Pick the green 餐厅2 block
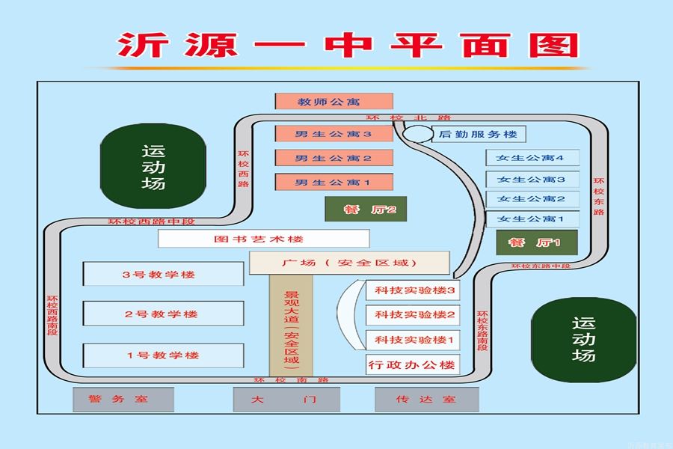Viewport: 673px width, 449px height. tap(365, 209)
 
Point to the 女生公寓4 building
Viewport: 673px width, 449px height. tap(532, 158)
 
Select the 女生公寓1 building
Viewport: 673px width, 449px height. tap(532, 219)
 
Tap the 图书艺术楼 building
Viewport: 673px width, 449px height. tap(263, 239)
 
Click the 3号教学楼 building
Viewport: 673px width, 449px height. tap(163, 274)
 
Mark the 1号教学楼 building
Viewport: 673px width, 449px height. tap(163, 355)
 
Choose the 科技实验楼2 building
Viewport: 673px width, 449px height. tap(413, 314)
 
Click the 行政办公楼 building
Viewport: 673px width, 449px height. tap(413, 365)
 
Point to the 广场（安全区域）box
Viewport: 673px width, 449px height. tap(349, 263)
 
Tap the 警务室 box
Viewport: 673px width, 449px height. tap(123, 399)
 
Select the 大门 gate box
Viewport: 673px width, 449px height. tap(285, 399)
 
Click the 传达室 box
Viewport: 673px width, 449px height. tap(426, 399)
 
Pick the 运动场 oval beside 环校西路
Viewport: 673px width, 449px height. tap(153, 166)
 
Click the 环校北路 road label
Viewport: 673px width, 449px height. tap(409, 117)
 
